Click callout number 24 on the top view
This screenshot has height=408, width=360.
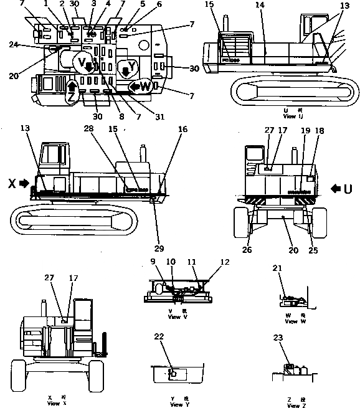click(14, 44)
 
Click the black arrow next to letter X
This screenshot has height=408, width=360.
click(24, 184)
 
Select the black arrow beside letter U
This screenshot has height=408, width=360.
click(337, 187)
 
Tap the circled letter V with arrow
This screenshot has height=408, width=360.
click(82, 64)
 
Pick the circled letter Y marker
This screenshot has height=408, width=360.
click(127, 70)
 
